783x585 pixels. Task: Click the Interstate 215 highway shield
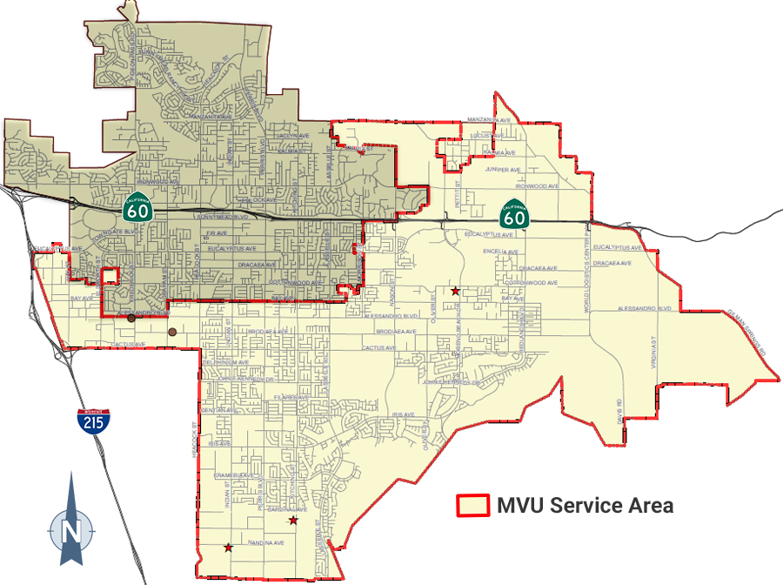[93, 421]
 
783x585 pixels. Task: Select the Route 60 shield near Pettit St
[513, 214]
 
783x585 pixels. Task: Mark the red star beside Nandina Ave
[228, 548]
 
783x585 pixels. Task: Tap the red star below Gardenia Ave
[293, 521]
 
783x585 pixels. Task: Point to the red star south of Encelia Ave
[455, 291]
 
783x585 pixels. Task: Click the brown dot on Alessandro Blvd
[131, 318]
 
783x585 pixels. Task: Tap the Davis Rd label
[619, 408]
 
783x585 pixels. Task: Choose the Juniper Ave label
[503, 169]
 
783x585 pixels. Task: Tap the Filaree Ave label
[291, 397]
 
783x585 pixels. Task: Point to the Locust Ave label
[487, 136]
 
